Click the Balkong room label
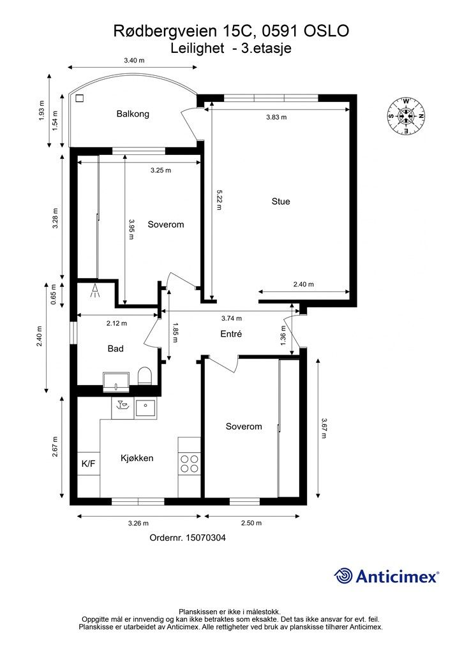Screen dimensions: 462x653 point(133,114)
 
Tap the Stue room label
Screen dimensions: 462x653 point(281,202)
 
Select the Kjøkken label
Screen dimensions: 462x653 point(137,458)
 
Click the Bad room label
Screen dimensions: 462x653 point(115,349)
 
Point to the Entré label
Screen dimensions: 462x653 point(231,334)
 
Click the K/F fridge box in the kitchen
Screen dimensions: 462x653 point(88,464)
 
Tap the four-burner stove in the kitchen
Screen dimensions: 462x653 point(189,464)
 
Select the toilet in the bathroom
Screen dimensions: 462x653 point(145,376)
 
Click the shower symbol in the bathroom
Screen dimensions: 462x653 point(96,291)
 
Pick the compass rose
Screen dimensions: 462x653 point(406,116)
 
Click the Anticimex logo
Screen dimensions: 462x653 point(386,576)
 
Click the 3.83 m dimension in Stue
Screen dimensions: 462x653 point(276,117)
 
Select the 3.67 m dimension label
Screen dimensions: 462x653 point(324,428)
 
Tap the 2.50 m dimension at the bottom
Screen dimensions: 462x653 point(251,523)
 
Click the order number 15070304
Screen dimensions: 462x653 point(188,538)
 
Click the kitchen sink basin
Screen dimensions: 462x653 point(145,407)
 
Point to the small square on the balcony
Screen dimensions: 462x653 point(79,98)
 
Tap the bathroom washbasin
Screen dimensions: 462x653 point(115,383)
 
